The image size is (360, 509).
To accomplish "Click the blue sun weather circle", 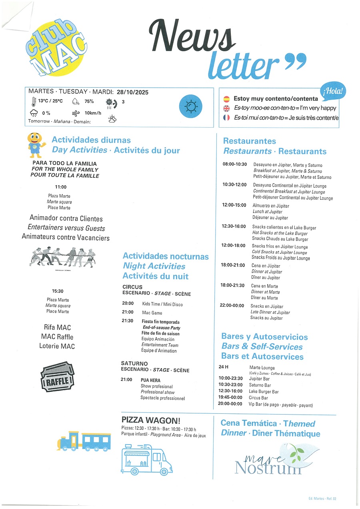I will point(190,106).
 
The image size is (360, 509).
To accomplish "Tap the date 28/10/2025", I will point(132,92).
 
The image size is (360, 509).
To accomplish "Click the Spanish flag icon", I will point(226,98).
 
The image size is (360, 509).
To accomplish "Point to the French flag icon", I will point(226,118).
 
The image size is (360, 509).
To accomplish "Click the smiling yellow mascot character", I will point(35,144).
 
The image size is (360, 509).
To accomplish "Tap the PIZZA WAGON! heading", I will point(151,420).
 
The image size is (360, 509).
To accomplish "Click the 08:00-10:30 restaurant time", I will point(234,164).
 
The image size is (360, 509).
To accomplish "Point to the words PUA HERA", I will point(150,380).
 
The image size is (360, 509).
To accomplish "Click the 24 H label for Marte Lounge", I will point(223,367).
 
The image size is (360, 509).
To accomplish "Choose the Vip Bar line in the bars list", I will point(281,405).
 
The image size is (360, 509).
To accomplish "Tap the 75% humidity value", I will point(89,102).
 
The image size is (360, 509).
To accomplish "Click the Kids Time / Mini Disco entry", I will point(162,304).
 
